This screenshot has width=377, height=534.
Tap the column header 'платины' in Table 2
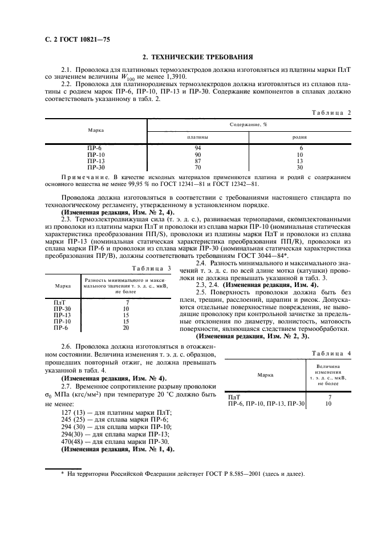[197, 137]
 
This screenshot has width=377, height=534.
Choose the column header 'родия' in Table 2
[300, 137]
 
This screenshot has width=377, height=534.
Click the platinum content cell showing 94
[197, 148]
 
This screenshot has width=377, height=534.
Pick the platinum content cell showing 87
[197, 161]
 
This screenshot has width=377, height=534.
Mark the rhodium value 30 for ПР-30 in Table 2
[300, 168]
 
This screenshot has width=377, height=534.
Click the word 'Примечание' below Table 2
[84, 178]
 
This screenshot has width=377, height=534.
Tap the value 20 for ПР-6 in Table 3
[125, 328]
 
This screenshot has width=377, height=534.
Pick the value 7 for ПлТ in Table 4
[330, 397]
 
